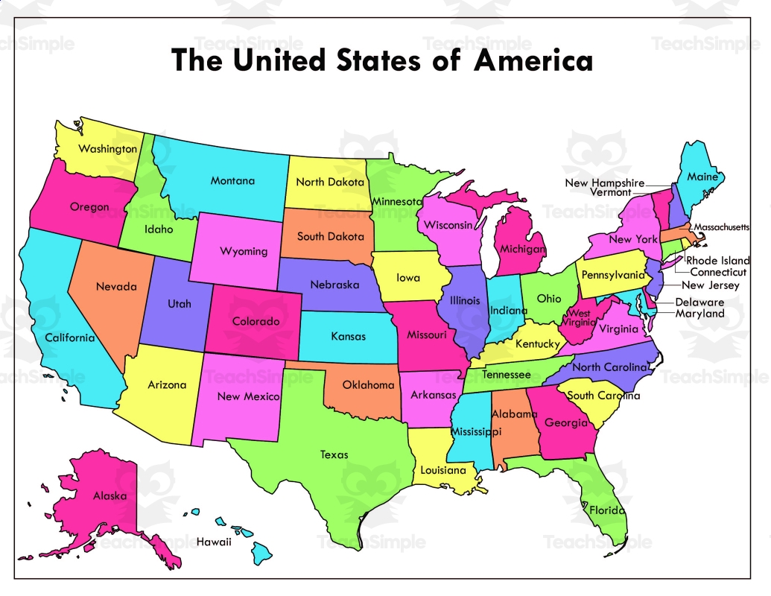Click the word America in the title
pyautogui.click(x=533, y=60)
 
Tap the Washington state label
pyautogui.click(x=108, y=149)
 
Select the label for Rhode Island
pyautogui.click(x=718, y=261)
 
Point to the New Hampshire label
pyautogui.click(x=604, y=183)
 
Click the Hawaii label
pyautogui.click(x=214, y=542)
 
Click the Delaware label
pyautogui.click(x=699, y=302)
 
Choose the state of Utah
pyautogui.click(x=179, y=304)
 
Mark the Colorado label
pyautogui.click(x=255, y=322)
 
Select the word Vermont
pyautogui.click(x=610, y=192)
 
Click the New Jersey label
pyautogui.click(x=711, y=285)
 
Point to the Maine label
pyautogui.click(x=702, y=177)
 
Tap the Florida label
pyautogui.click(x=607, y=511)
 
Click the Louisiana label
pyautogui.click(x=442, y=471)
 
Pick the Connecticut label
pyautogui.click(x=718, y=273)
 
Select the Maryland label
pyautogui.click(x=699, y=314)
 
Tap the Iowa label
pyautogui.click(x=407, y=278)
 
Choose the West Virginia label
pyautogui.click(x=580, y=318)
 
